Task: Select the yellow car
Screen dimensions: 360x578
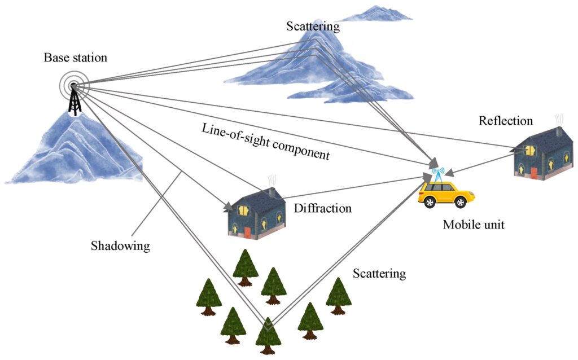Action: coord(446,194)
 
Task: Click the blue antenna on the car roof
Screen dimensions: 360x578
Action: coord(438,173)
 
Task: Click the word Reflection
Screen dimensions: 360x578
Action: coord(506,121)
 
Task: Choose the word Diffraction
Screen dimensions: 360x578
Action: coord(322,208)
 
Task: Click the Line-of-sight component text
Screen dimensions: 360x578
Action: coord(265,141)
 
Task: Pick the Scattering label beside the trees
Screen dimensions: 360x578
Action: coord(379,274)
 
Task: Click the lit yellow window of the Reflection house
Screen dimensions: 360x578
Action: coord(530,150)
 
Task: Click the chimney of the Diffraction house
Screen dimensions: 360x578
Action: coord(272,192)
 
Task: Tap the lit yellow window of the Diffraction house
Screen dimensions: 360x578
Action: coord(244,210)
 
